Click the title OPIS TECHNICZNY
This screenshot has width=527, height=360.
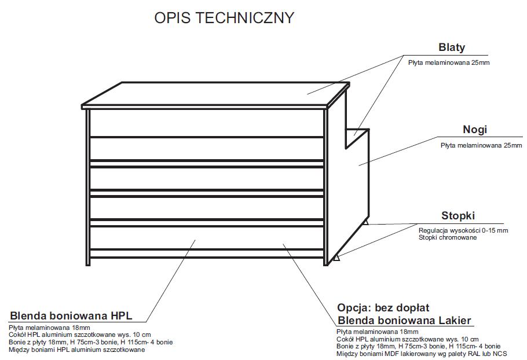[x=224, y=18]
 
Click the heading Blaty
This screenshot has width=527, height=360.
[x=451, y=48]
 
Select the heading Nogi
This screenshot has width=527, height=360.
[x=475, y=129]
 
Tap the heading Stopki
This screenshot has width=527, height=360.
[x=458, y=216]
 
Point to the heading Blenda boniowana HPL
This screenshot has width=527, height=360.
[x=71, y=316]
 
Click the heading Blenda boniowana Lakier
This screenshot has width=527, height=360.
[x=404, y=320]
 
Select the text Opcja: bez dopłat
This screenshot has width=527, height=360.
[x=383, y=307]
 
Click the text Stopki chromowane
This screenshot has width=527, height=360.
[x=448, y=237]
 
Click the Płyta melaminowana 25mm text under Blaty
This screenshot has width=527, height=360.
[x=449, y=61]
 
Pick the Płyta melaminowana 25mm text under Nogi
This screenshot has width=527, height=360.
[x=481, y=145]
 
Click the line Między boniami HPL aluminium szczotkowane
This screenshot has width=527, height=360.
[x=78, y=350]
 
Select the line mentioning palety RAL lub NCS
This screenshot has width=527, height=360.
[x=422, y=353]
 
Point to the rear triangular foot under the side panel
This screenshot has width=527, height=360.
[x=365, y=221]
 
